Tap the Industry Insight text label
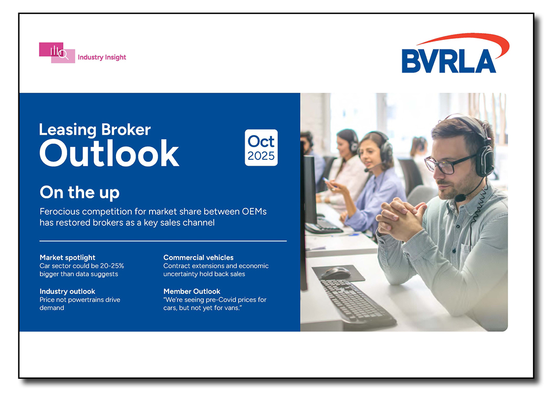click(102, 57)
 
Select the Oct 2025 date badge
click(261, 148)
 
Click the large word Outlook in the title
click(109, 153)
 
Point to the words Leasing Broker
click(95, 129)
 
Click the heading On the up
click(79, 193)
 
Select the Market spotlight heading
click(67, 257)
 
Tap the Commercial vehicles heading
click(198, 257)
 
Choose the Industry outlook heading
click(67, 291)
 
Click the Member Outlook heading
click(192, 291)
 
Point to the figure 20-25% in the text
click(112, 266)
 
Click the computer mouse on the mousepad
click(335, 273)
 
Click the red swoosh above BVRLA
click(462, 40)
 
